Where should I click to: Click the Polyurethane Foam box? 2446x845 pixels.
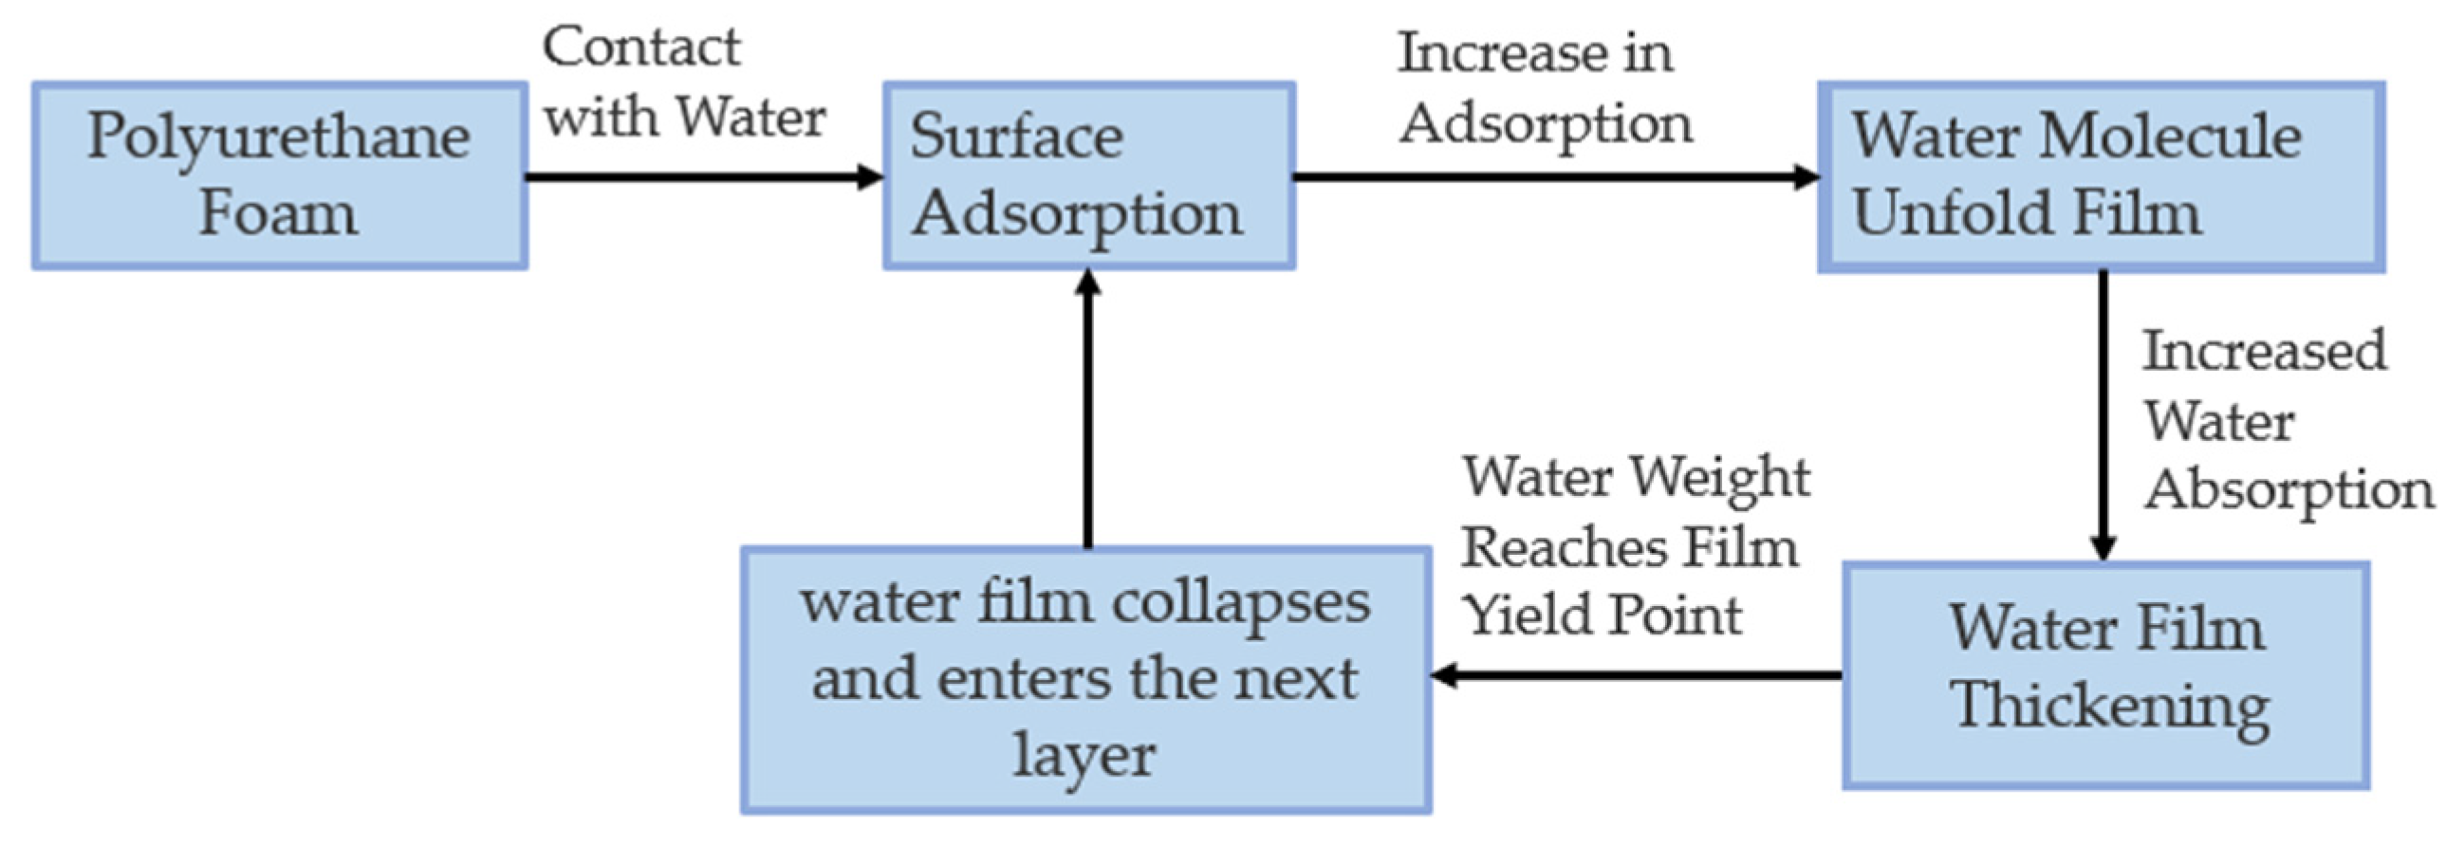[x=279, y=175]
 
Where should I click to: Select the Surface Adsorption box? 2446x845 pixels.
[x=1088, y=175]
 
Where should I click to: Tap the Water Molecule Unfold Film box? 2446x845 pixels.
[x=2101, y=176]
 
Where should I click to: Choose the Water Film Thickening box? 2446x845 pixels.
[x=2106, y=674]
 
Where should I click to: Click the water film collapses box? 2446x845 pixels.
[x=1085, y=679]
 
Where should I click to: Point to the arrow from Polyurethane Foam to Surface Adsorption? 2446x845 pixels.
[x=703, y=176]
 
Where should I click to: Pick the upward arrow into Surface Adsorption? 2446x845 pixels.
[x=1088, y=408]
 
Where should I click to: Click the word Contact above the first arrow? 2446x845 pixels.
[x=641, y=47]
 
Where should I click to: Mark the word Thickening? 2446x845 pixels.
[x=2110, y=708]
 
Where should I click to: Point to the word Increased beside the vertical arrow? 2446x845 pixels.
[x=2264, y=351]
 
